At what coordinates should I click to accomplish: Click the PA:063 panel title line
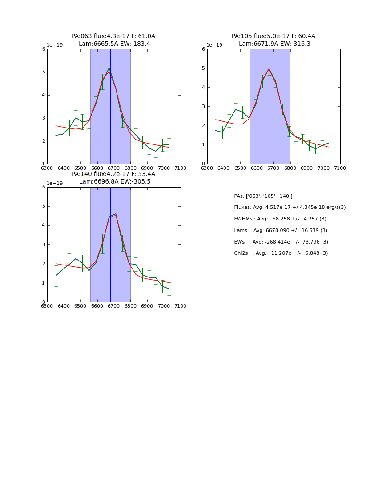pos(113,36)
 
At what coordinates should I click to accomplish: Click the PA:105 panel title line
pos(273,36)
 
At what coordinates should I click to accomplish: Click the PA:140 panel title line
pos(113,174)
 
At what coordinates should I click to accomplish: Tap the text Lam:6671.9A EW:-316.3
pos(274,44)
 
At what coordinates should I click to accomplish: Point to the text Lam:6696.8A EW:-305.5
pos(115,182)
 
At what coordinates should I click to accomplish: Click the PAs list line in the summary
pos(263,196)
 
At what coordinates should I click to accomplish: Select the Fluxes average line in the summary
pos(290,208)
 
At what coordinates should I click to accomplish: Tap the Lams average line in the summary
pos(281,230)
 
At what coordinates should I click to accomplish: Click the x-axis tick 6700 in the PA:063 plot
pos(113,168)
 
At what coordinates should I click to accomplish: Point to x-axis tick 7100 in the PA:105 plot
pos(340,168)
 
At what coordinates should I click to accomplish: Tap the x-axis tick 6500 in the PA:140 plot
pos(80,306)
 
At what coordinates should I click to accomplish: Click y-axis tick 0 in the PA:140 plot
pos(44,302)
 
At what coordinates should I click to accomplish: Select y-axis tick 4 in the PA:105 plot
pos(203,87)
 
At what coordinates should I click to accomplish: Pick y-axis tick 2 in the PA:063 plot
pos(44,141)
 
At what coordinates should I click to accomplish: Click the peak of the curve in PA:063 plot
pos(109,68)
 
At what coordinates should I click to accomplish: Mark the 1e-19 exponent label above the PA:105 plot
pos(214,45)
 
